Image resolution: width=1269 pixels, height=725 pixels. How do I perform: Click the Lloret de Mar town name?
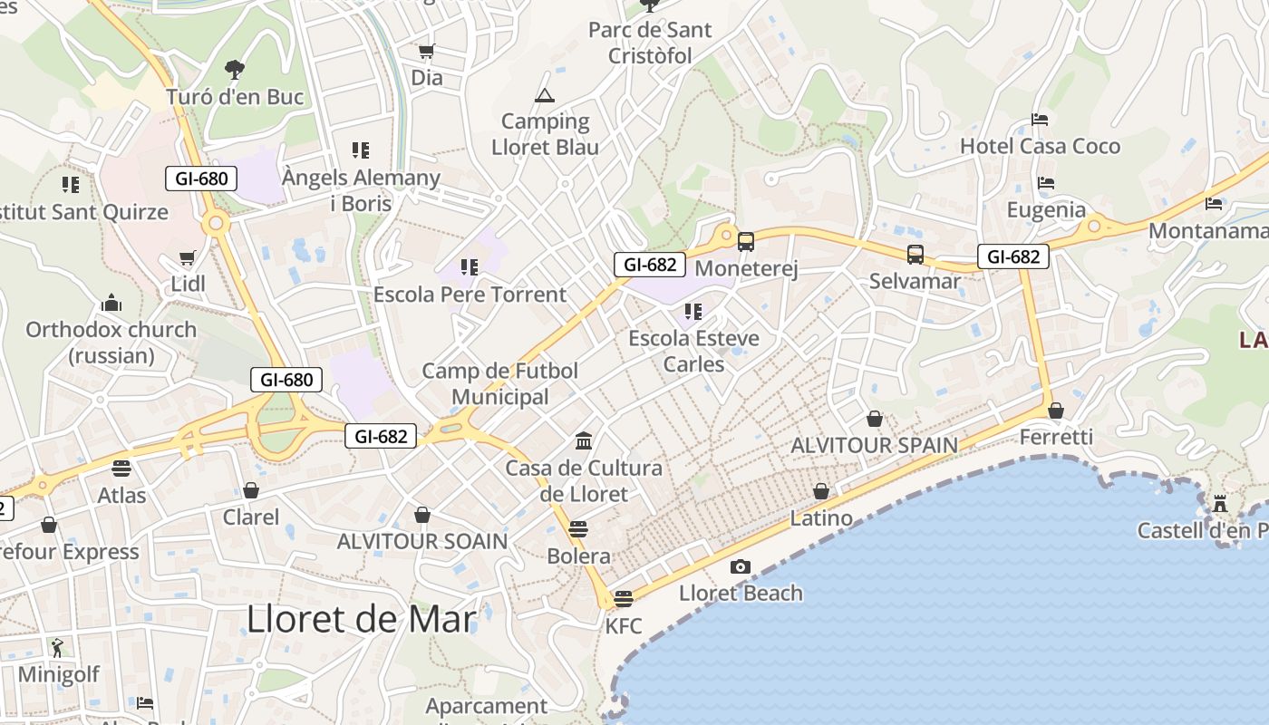361,619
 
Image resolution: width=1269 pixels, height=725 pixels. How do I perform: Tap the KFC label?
623,625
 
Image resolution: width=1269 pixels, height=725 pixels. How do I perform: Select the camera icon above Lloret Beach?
741,567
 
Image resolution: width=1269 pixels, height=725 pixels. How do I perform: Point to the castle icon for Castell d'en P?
1220,504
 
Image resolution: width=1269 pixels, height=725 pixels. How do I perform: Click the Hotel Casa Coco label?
1040,146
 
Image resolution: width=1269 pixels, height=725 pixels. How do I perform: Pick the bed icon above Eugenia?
1046,183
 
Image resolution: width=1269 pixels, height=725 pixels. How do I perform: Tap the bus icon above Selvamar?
915,255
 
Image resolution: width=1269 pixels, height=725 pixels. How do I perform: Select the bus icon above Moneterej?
746,242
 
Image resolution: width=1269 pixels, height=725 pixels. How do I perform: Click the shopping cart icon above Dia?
426,52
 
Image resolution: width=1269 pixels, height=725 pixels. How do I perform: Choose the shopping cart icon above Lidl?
188,258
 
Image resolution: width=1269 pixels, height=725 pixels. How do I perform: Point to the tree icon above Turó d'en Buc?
234,69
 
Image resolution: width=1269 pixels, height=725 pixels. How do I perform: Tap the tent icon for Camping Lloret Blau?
545,95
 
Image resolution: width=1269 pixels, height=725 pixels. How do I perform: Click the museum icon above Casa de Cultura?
584,441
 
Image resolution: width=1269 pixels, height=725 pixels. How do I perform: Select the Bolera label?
578,556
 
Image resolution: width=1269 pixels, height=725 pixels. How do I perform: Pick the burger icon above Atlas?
121,469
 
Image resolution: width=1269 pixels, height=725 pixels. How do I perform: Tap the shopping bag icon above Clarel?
251,490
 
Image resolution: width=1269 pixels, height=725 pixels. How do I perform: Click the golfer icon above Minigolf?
58,648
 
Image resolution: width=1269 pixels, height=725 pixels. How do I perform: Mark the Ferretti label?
1056,437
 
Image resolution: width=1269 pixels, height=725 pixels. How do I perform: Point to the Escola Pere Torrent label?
470,295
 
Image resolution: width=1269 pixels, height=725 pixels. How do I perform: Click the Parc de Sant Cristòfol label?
650,43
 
